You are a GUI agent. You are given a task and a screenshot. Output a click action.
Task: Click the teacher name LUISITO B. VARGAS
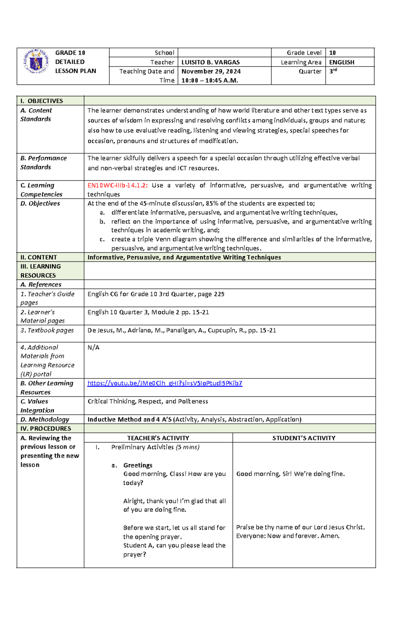point(211,62)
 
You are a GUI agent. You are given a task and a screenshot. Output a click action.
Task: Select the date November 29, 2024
point(211,71)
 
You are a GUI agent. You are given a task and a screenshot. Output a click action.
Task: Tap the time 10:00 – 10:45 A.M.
point(210,80)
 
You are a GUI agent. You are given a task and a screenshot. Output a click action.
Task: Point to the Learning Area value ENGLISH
point(342,62)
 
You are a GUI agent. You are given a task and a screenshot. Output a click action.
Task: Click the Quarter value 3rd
point(333,71)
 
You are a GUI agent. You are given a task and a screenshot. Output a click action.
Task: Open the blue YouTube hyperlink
point(165,383)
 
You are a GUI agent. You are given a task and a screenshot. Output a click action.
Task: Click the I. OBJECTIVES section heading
point(42,101)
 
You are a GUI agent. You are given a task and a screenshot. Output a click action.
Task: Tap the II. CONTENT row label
point(38,257)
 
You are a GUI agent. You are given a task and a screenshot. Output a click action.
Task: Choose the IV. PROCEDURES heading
point(46,428)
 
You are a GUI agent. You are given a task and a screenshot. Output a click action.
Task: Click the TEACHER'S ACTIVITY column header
point(158,438)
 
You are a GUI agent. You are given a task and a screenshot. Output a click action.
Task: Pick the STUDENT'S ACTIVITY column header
point(304,438)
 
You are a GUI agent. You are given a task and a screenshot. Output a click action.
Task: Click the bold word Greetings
point(138,465)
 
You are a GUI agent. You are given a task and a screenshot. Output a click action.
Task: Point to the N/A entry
point(93,347)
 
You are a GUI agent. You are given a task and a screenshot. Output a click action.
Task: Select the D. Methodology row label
point(45,420)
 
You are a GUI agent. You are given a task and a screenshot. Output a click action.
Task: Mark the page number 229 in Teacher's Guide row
point(219,294)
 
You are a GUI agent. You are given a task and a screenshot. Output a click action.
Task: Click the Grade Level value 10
point(332,53)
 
